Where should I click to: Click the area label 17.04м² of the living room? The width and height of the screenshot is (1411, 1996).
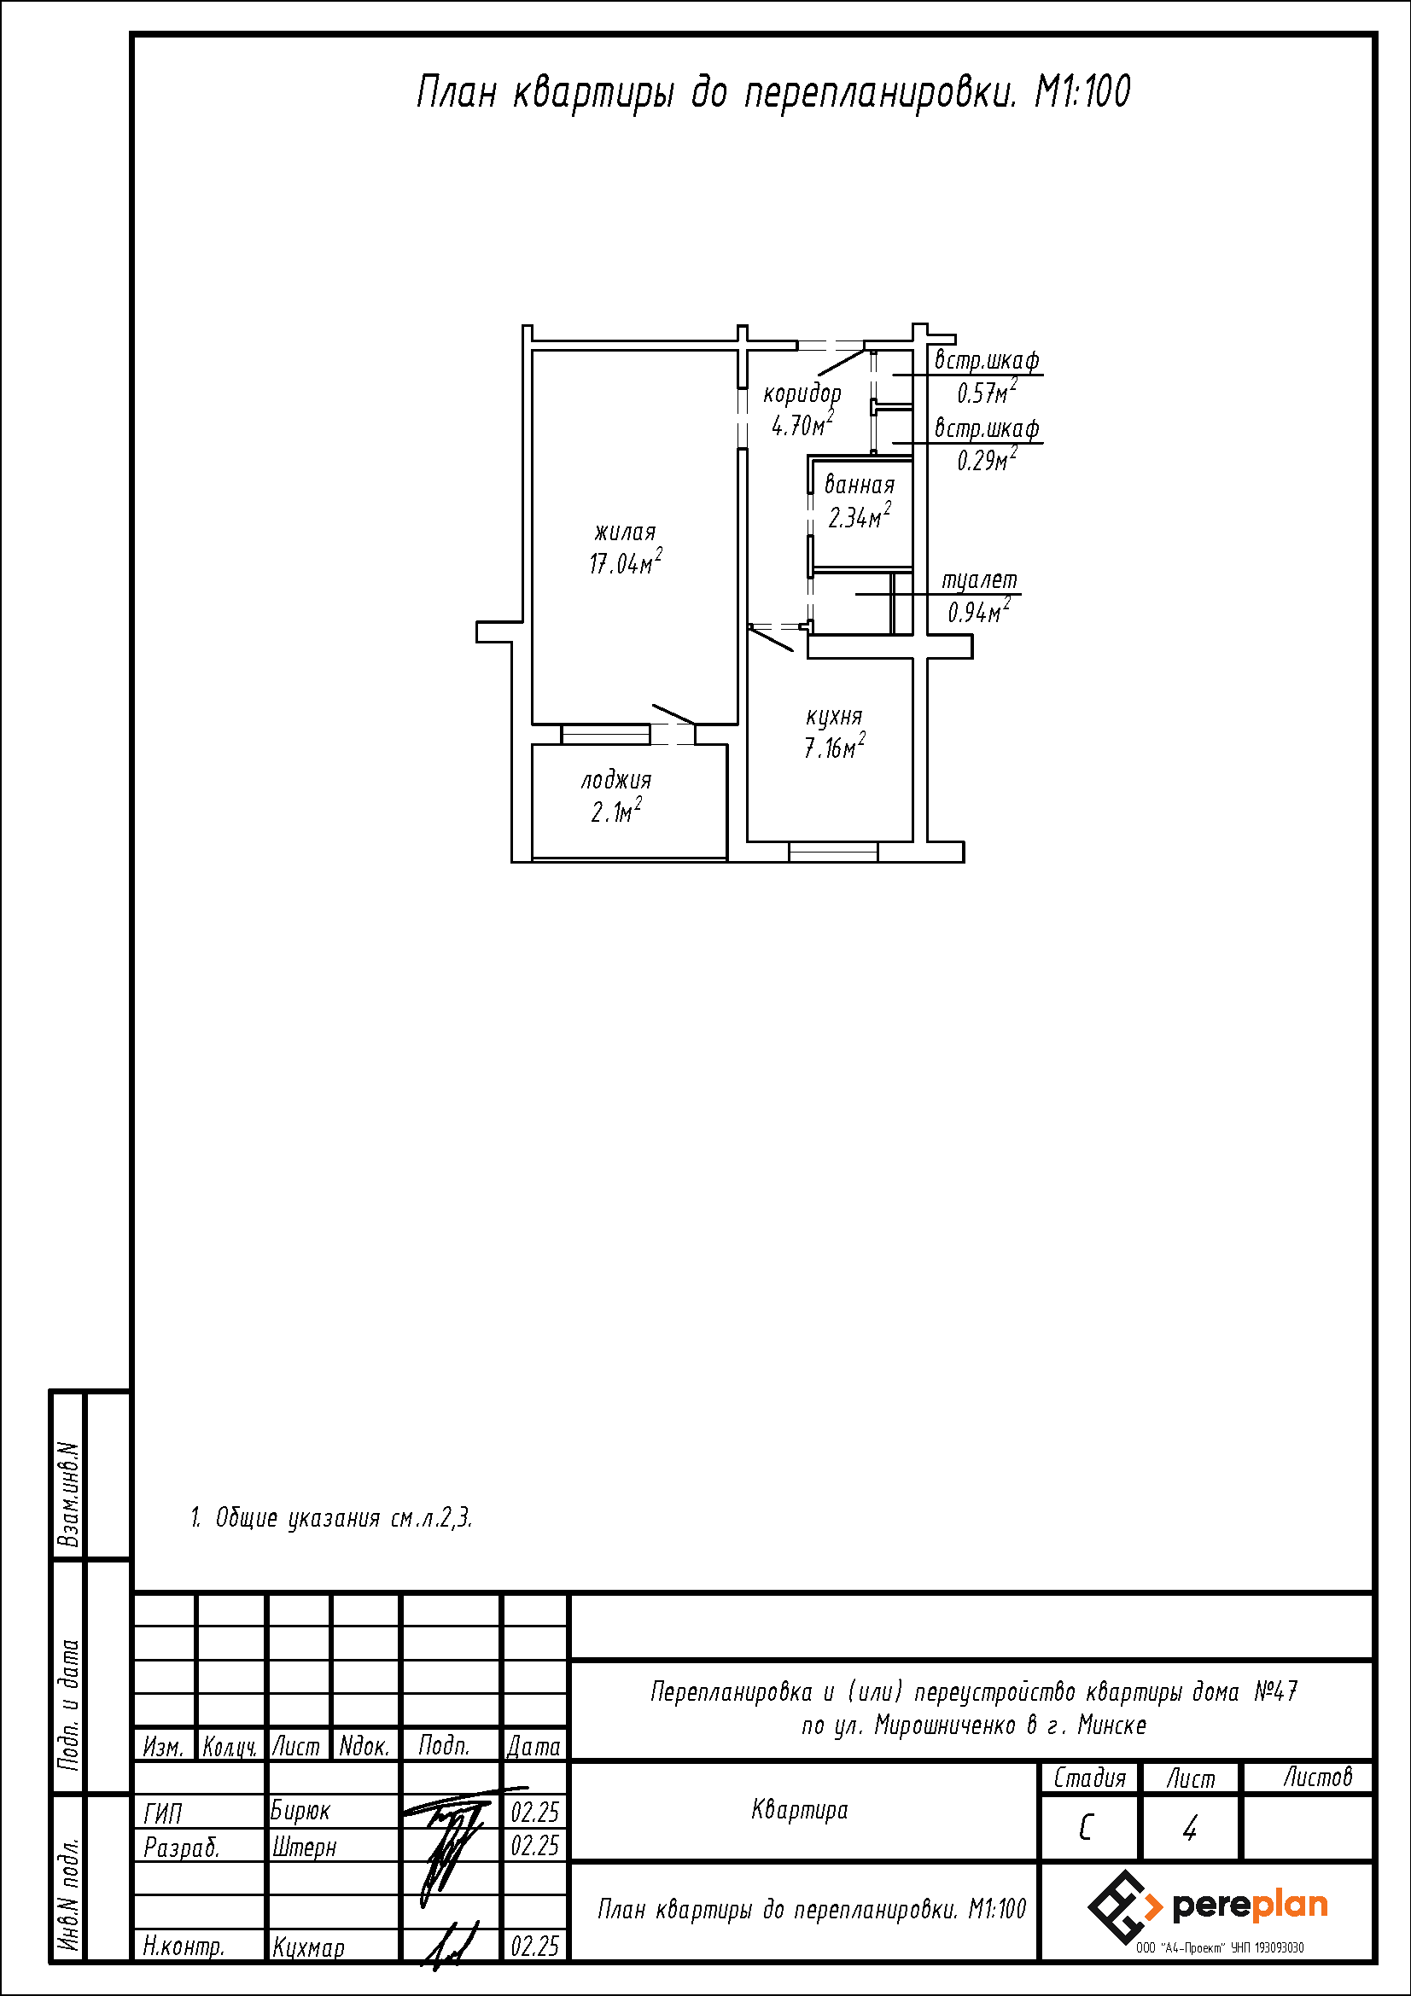(625, 562)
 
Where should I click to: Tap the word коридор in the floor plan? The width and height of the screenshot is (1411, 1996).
(802, 393)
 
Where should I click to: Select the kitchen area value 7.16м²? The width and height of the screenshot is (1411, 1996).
(834, 746)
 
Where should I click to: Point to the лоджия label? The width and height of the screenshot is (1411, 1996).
(615, 780)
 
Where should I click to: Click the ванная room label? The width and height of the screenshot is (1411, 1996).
(859, 484)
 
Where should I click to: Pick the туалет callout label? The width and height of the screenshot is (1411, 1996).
(979, 579)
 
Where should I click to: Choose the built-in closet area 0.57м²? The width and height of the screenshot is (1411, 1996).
(987, 392)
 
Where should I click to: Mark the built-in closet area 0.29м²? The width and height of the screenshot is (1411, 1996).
(987, 459)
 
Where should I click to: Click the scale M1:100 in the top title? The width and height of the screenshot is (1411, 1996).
(1082, 91)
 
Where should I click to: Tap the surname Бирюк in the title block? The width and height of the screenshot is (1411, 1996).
(300, 1811)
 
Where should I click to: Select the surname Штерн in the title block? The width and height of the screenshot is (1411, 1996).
(303, 1846)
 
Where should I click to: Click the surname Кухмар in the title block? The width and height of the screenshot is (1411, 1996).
(308, 1947)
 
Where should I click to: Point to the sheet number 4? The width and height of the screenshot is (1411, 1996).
(1190, 1829)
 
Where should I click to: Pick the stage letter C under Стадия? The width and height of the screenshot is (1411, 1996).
(1085, 1829)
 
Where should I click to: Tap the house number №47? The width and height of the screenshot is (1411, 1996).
(1275, 1690)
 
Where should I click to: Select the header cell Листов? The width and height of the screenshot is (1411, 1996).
(1318, 1778)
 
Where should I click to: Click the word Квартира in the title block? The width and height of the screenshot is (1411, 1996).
(799, 1810)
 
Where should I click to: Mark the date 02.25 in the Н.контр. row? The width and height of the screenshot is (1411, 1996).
(534, 1947)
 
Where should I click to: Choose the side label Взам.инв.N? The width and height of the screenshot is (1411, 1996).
(68, 1495)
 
